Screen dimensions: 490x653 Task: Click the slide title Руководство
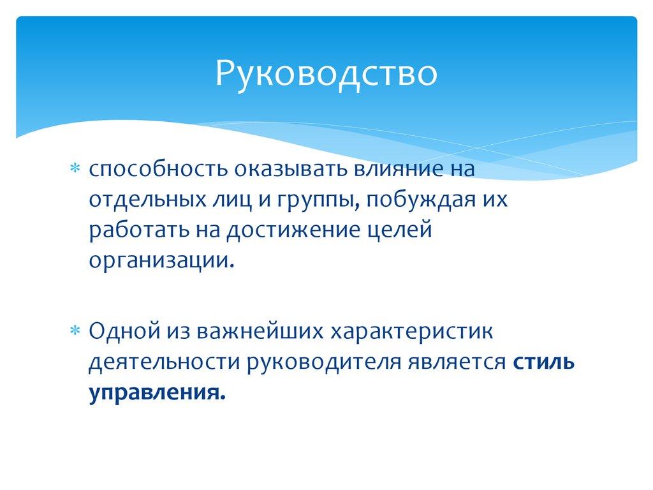(x=326, y=73)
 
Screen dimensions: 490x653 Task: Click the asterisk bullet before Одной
(x=74, y=331)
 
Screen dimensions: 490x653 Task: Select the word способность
(x=159, y=170)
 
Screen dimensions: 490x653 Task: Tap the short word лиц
(x=221, y=200)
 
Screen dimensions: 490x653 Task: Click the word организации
(x=157, y=260)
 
